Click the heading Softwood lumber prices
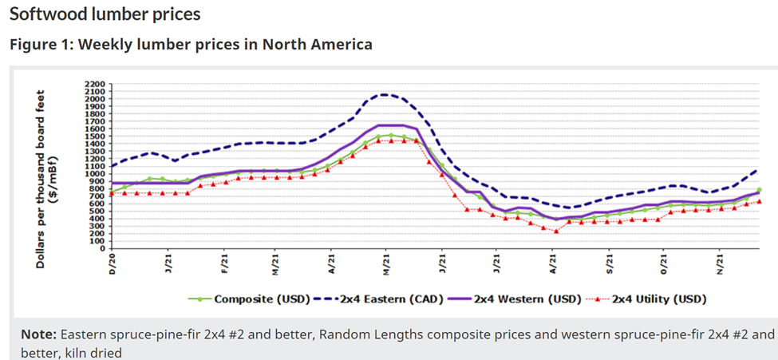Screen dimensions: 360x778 (105, 14)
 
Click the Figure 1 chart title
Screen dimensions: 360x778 (191, 44)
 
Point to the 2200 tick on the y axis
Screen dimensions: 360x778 (94, 83)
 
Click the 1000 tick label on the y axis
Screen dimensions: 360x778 (94, 173)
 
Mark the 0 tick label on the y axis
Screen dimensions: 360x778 (102, 248)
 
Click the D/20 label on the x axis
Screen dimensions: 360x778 (113, 263)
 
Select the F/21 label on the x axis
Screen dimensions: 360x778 (224, 263)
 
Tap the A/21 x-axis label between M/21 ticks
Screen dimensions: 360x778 (331, 263)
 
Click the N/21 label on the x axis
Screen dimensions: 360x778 (720, 263)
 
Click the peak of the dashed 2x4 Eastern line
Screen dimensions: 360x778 (385, 94)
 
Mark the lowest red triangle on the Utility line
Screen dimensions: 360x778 (556, 231)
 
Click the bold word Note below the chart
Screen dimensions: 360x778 (38, 333)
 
